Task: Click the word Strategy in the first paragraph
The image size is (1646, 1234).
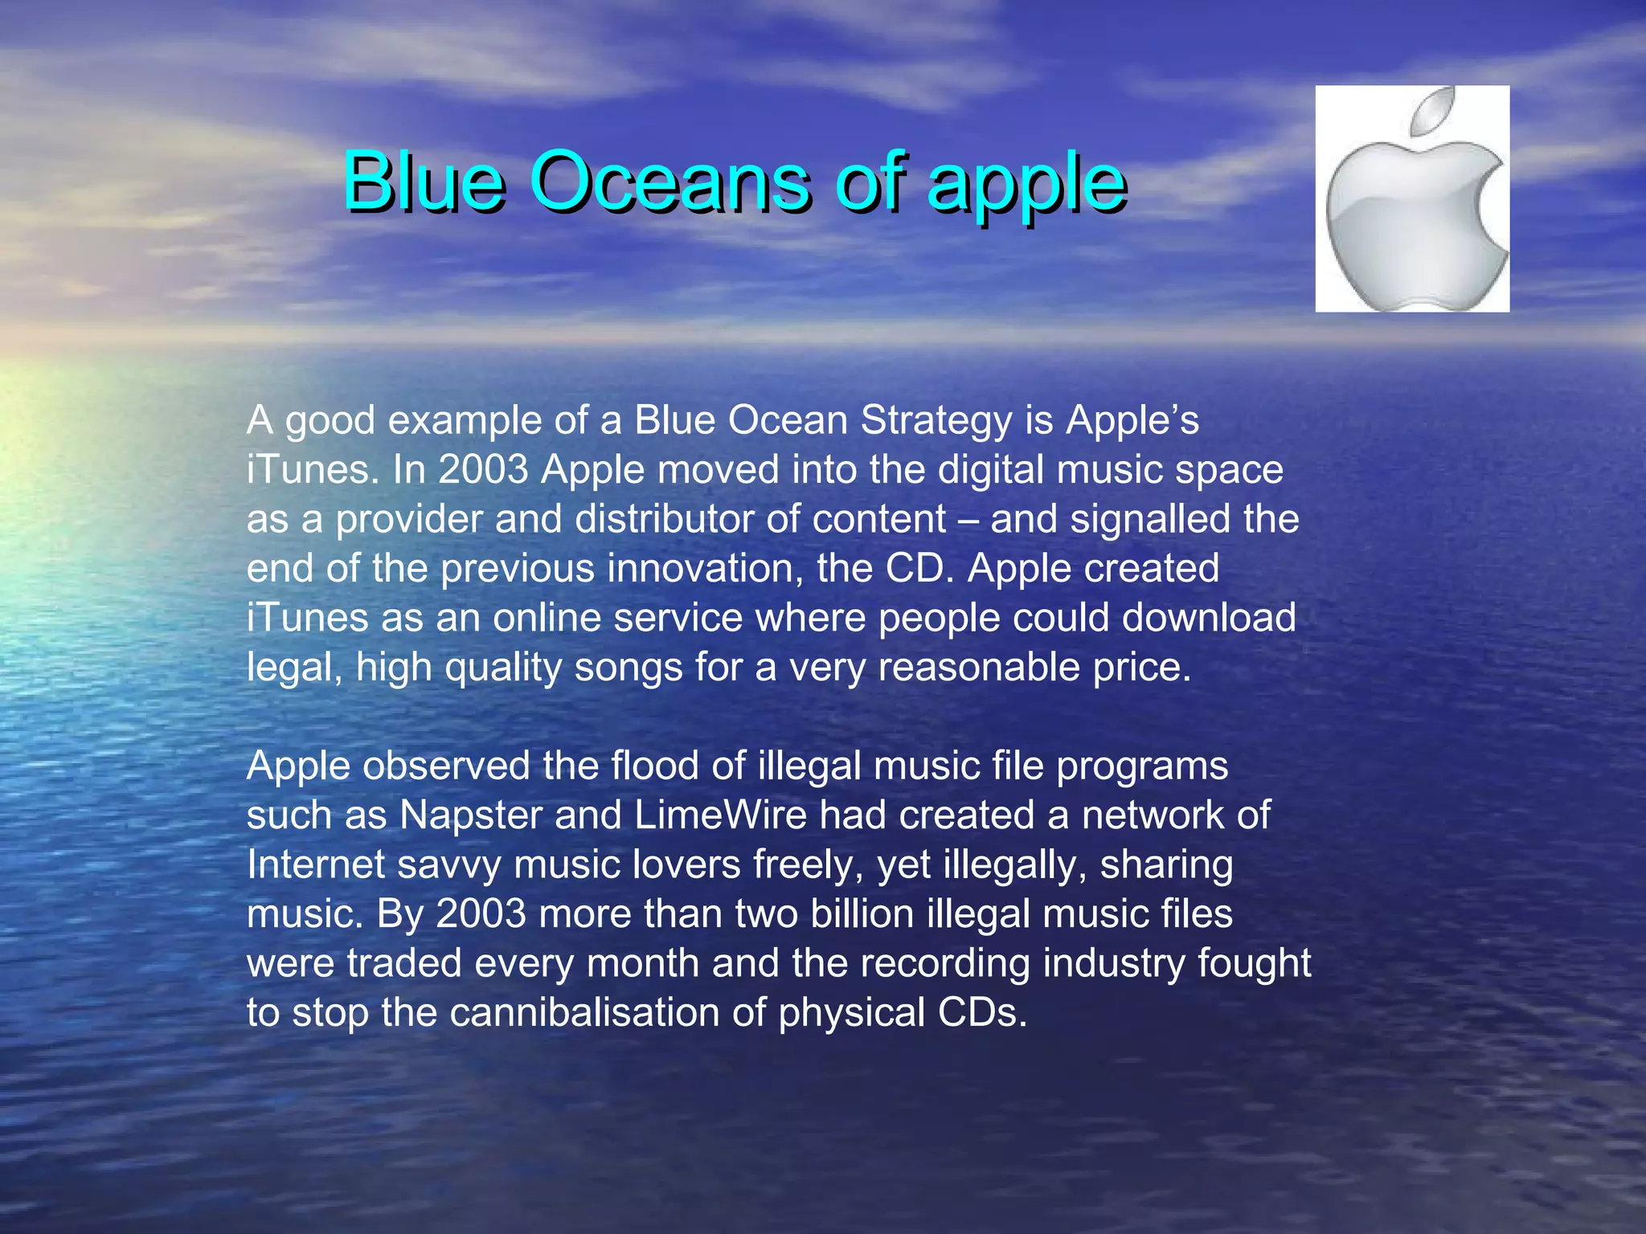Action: pos(936,421)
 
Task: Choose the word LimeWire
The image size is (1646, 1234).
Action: pos(720,815)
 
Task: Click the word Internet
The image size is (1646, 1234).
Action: pos(316,865)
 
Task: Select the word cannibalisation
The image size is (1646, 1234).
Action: pos(584,1013)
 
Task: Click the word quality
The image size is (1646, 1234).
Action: pos(502,668)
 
